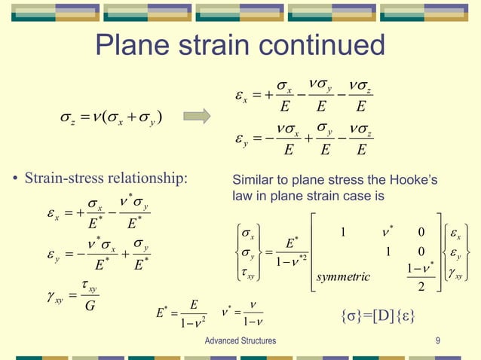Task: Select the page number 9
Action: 438,341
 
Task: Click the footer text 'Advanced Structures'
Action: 240,341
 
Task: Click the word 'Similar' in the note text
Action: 251,182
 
